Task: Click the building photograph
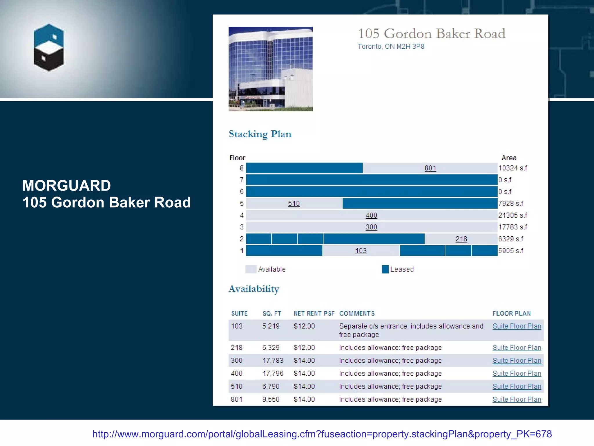(270, 69)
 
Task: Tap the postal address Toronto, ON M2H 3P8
(391, 46)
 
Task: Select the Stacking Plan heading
(260, 134)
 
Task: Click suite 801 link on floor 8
(430, 168)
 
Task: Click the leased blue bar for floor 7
(371, 180)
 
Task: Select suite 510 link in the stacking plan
(294, 204)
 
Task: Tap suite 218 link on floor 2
(461, 239)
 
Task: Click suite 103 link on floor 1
(361, 251)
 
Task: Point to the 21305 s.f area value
(512, 215)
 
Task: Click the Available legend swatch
(251, 269)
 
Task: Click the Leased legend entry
(401, 269)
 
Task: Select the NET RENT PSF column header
(314, 314)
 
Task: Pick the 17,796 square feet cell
(273, 373)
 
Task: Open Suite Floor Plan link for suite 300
(517, 361)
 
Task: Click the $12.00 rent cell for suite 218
(304, 348)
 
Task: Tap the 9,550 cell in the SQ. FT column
(271, 400)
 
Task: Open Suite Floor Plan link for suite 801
(517, 400)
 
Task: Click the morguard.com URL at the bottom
(322, 434)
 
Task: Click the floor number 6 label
(241, 192)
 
